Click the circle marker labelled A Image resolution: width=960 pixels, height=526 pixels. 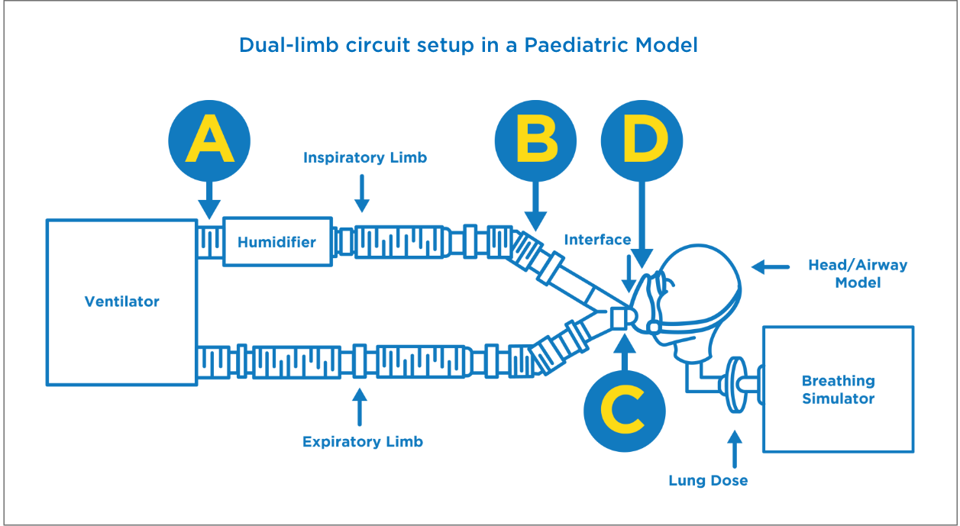pyautogui.click(x=209, y=141)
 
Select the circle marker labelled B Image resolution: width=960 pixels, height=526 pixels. pyautogui.click(x=535, y=141)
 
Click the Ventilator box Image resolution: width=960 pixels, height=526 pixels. pyautogui.click(x=122, y=302)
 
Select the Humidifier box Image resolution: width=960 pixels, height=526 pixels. pyautogui.click(x=276, y=243)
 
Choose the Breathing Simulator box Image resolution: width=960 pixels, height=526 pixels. pyautogui.click(x=838, y=389)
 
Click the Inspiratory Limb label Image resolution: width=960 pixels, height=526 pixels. pyautogui.click(x=364, y=158)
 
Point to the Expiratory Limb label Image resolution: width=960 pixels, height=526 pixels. pyautogui.click(x=362, y=441)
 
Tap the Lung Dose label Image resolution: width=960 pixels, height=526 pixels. pyautogui.click(x=708, y=480)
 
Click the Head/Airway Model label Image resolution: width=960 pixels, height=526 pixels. pyautogui.click(x=858, y=274)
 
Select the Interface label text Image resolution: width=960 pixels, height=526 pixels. pyautogui.click(x=597, y=240)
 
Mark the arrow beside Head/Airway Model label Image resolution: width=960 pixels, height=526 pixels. pyautogui.click(x=771, y=266)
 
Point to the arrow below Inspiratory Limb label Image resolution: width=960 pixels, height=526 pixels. pyautogui.click(x=362, y=194)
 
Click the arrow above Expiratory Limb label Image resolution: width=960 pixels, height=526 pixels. pyautogui.click(x=359, y=407)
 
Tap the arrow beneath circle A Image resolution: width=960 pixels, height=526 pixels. pyautogui.click(x=209, y=200)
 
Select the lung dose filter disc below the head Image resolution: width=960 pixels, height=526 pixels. pyautogui.click(x=737, y=385)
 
